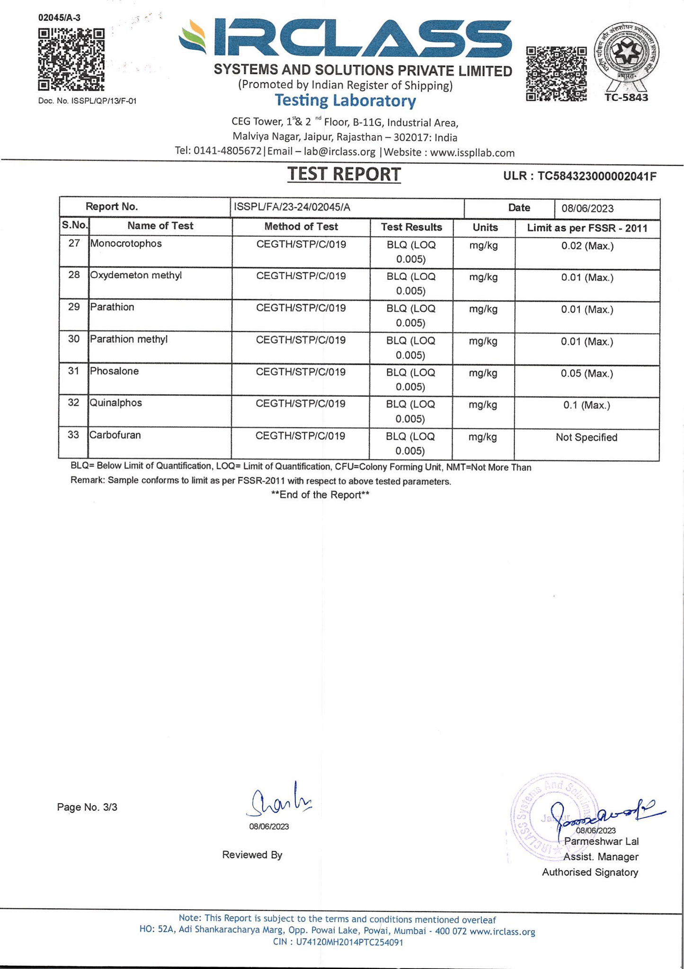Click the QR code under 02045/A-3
(71, 60)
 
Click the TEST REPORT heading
(344, 175)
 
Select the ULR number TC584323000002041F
(580, 177)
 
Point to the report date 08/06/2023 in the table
(587, 209)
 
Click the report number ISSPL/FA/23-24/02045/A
(292, 207)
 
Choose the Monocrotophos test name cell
(126, 244)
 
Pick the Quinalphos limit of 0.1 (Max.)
(586, 405)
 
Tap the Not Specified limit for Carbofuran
(586, 437)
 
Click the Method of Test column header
(301, 227)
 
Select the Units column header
(485, 227)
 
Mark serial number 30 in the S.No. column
(74, 339)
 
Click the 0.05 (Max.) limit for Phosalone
(586, 373)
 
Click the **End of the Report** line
(320, 495)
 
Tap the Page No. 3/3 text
(87, 807)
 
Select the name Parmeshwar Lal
(601, 841)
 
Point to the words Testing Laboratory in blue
(346, 101)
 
